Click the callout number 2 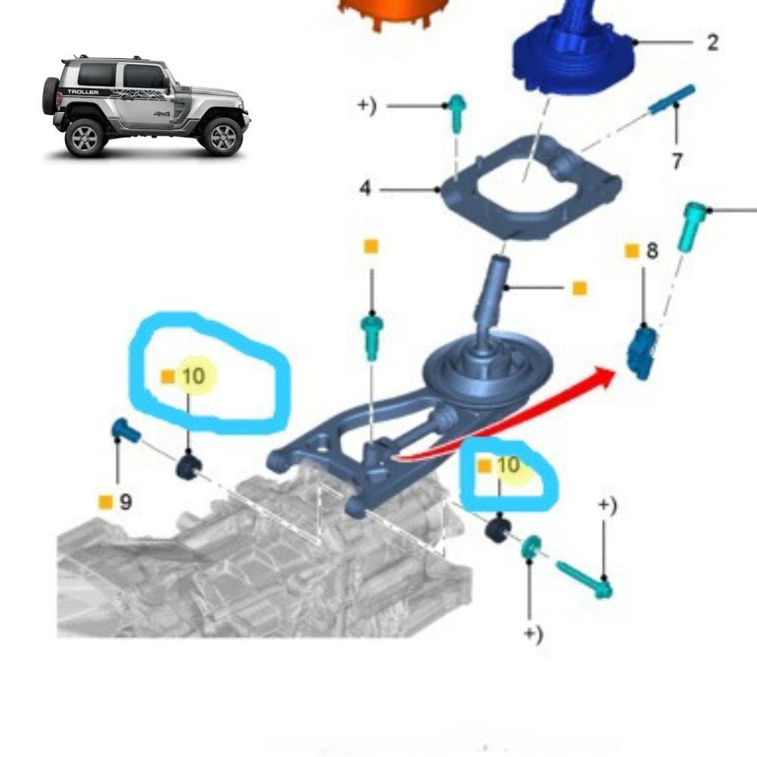(x=712, y=42)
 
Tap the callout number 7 (x=677, y=160)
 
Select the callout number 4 (x=366, y=188)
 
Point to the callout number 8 (x=652, y=251)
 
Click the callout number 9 (x=126, y=502)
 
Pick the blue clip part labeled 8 (x=643, y=352)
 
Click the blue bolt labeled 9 (x=126, y=430)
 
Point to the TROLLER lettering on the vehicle (x=83, y=92)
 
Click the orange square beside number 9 (x=105, y=502)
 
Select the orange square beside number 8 (x=632, y=251)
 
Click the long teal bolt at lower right (x=584, y=579)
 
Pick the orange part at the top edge (x=394, y=13)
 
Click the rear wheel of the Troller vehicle (x=85, y=138)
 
